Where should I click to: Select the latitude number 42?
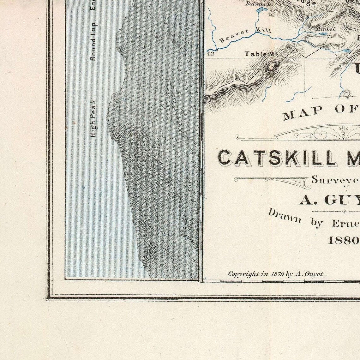[x=211, y=54]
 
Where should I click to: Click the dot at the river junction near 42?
[x=217, y=50]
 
